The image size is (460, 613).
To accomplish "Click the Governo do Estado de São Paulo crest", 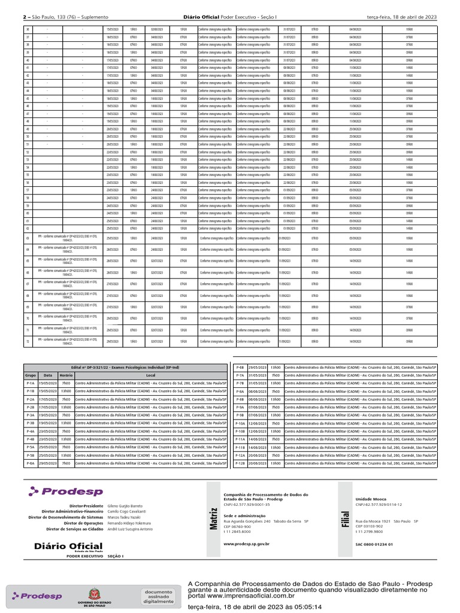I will (x=93, y=596).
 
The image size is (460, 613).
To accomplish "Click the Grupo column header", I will (x=31, y=375).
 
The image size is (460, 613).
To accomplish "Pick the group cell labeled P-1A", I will (x=31, y=383).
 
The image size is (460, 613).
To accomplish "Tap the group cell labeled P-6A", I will (x=31, y=463).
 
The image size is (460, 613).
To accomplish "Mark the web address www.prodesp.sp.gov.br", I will (x=246, y=544).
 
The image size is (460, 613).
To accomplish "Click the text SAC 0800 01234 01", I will (x=374, y=544).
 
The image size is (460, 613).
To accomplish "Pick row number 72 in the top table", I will (x=28, y=341).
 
